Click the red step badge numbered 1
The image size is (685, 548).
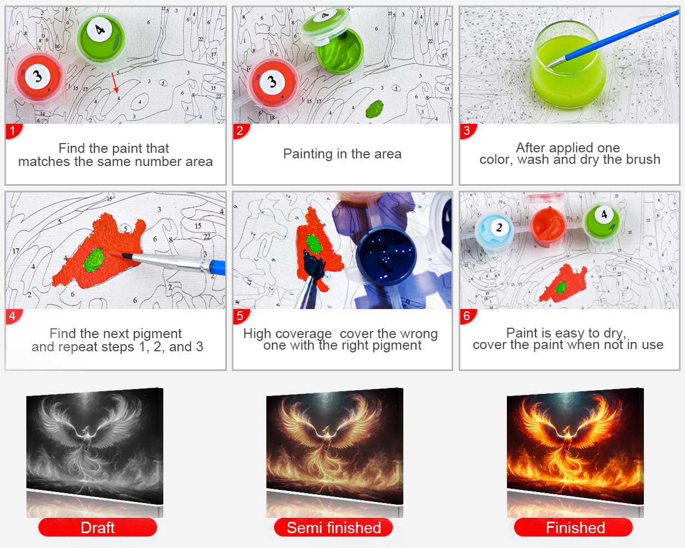13,131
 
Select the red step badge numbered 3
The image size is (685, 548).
467,131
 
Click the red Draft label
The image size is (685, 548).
98,528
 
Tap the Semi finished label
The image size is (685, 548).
334,528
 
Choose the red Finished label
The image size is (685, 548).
573,528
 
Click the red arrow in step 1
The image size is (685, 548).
115,83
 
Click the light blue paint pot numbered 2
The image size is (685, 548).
494,229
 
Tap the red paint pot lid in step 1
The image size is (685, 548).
39,77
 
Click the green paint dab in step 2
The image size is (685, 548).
374,109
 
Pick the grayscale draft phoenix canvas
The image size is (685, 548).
95,446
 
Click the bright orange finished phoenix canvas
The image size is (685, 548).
575,446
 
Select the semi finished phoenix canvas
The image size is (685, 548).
334,446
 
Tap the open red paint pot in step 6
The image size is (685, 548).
548,225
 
